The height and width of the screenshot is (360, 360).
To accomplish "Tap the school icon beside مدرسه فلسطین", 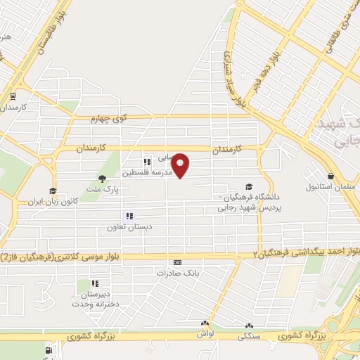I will click(x=147, y=162).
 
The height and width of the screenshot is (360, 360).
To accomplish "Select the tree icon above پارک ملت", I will click(x=103, y=179).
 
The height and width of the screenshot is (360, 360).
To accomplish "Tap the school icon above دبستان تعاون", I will click(x=129, y=216).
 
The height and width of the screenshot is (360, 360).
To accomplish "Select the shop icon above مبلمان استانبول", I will click(x=331, y=176).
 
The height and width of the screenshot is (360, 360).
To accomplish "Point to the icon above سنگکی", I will click(x=248, y=326).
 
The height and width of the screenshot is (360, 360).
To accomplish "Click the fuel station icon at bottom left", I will click(x=48, y=350).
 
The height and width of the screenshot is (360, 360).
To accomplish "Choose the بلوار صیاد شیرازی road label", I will click(x=236, y=77).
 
